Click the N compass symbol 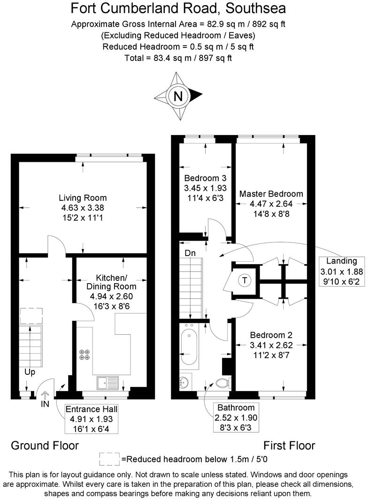[178, 96]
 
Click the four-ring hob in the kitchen [85, 355]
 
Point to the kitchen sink [108, 383]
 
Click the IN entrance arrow [46, 398]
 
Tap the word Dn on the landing [190, 253]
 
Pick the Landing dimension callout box [338, 271]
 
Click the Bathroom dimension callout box [236, 417]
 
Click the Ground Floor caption [45, 445]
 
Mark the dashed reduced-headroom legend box [110, 458]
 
